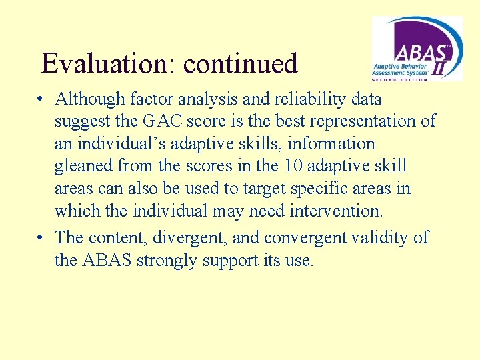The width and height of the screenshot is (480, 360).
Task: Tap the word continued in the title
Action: [240, 64]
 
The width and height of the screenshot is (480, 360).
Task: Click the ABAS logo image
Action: [417, 49]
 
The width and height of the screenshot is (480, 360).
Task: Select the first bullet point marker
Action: [41, 100]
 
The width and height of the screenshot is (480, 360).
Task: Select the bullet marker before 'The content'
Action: [41, 238]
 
